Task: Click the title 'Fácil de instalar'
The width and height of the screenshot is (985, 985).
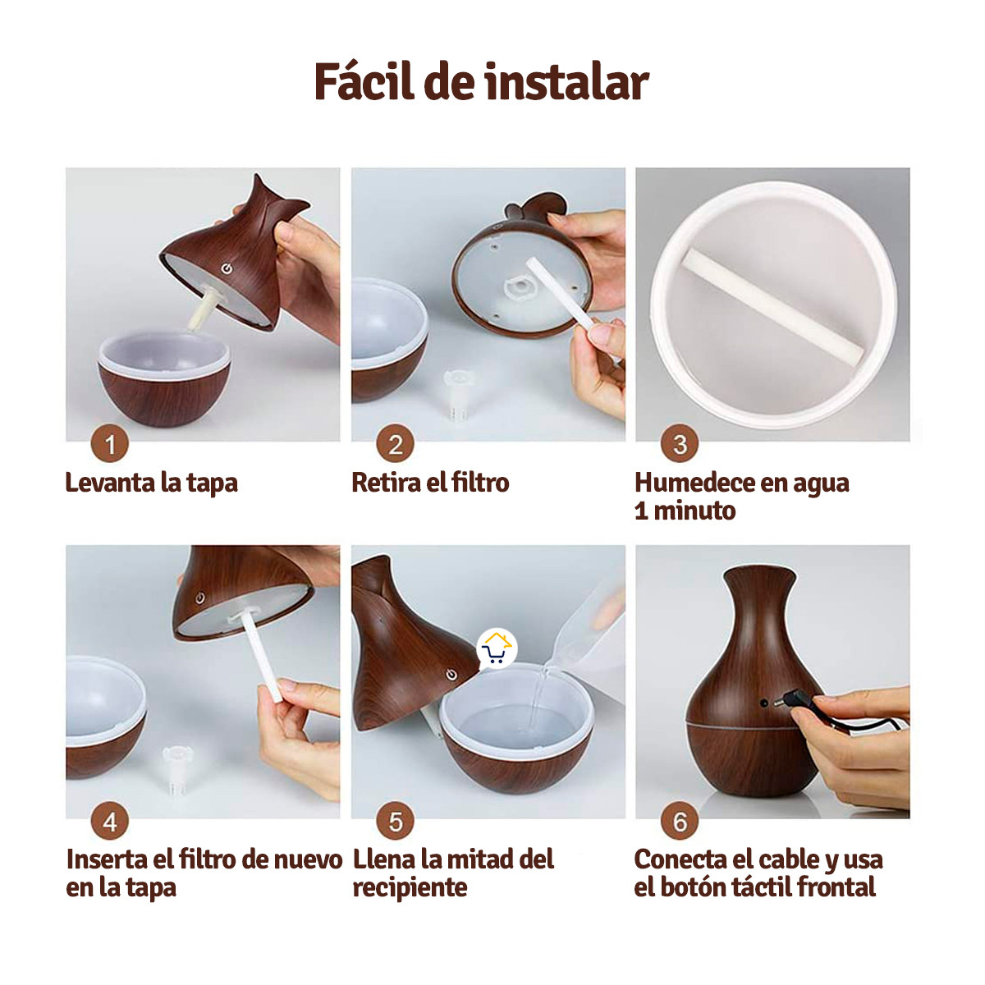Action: point(481,82)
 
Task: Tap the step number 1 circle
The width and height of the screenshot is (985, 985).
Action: point(110,445)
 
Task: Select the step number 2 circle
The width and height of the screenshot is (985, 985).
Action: point(395,445)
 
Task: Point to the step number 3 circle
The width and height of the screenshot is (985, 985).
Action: point(680,444)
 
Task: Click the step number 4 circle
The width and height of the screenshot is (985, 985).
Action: point(110,822)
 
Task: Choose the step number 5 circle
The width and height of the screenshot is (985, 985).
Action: point(395,822)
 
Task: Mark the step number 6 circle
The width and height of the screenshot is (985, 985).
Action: point(680,822)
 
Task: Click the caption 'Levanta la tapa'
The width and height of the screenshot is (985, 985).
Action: point(152,483)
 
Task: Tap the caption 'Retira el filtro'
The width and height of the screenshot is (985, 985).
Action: point(430,483)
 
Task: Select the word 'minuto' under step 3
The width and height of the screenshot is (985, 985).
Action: point(694,511)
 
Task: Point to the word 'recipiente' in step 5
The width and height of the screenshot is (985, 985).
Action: point(410,887)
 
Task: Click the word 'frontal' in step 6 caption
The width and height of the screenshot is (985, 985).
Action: point(836,887)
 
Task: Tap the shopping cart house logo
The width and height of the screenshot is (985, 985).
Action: point(496,649)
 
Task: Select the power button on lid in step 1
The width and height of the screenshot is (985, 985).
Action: point(226,268)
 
